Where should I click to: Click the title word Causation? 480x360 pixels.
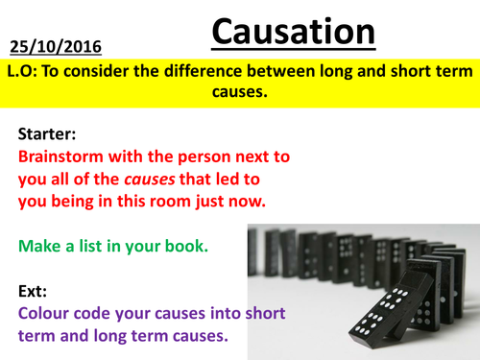pos(293,33)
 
